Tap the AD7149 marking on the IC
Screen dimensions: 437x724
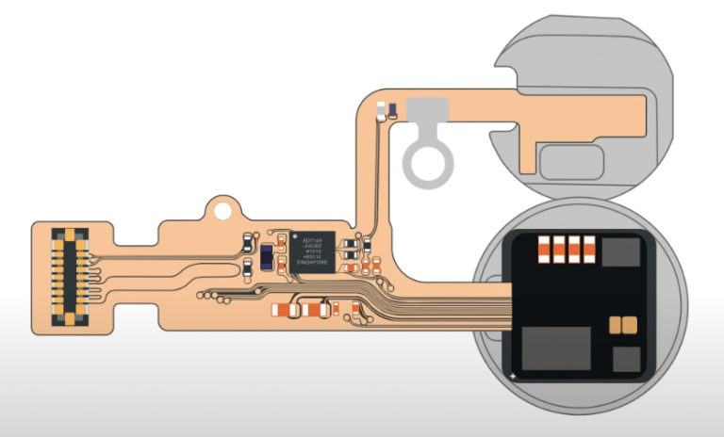pyautogui.click(x=312, y=240)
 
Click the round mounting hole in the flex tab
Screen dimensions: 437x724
pyautogui.click(x=222, y=203)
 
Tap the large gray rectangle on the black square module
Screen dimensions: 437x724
pyautogui.click(x=556, y=348)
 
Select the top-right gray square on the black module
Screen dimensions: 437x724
pyautogui.click(x=619, y=251)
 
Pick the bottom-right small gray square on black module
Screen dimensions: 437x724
pyautogui.click(x=626, y=360)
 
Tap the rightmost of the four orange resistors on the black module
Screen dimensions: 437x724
pyautogui.click(x=589, y=249)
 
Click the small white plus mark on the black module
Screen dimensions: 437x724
pyautogui.click(x=512, y=377)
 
